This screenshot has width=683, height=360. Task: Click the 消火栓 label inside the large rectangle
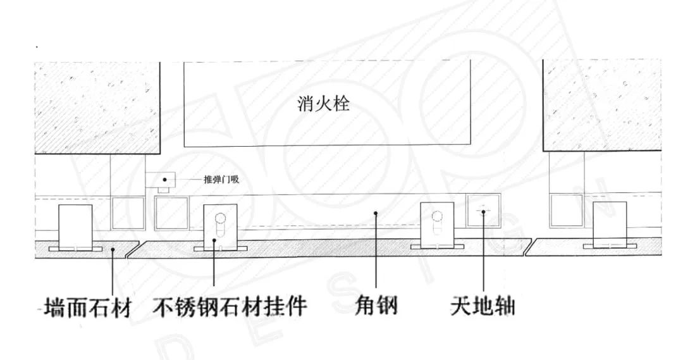[x=323, y=103]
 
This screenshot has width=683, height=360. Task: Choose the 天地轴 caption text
[x=483, y=307]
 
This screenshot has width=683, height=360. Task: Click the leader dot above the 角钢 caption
[x=376, y=213]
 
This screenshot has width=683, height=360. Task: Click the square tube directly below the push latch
[x=171, y=213]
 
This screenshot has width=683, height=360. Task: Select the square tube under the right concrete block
[x=566, y=211]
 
